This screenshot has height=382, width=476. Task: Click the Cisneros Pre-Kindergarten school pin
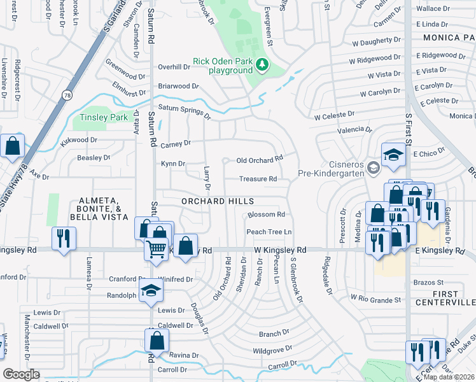coord(374,168)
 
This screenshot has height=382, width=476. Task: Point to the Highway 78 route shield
coord(67,95)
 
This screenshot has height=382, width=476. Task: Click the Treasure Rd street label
coord(258,180)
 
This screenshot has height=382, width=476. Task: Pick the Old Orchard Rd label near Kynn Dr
coord(258,160)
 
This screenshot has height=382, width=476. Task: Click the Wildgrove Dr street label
coord(272,350)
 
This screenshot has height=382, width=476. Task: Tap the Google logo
coord(21,374)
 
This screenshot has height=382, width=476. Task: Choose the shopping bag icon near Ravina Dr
coord(157,341)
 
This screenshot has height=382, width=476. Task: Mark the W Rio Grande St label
coord(377,299)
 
